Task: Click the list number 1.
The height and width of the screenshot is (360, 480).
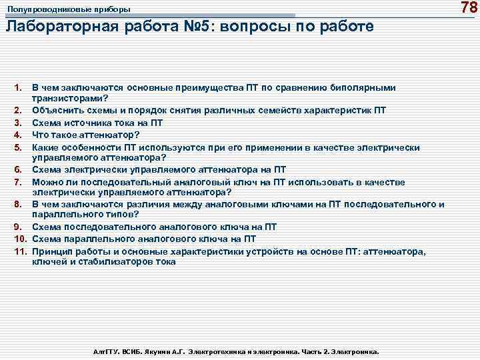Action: [18, 87]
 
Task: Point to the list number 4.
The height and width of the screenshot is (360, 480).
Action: [18, 135]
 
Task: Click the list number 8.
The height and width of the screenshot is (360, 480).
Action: [18, 204]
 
